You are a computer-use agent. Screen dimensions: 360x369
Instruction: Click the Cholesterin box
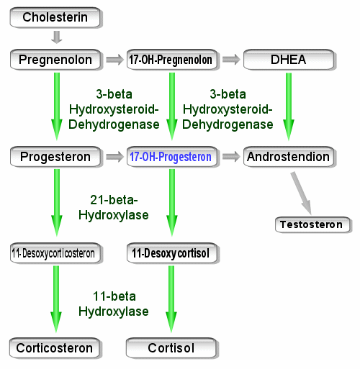pyautogui.click(x=55, y=17)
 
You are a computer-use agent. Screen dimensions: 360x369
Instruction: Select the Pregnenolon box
pyautogui.click(x=55, y=60)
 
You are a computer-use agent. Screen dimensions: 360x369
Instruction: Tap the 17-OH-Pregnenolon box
pyautogui.click(x=172, y=60)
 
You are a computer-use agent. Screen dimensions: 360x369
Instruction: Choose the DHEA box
pyautogui.click(x=289, y=60)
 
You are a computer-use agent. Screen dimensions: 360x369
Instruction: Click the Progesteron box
pyautogui.click(x=55, y=157)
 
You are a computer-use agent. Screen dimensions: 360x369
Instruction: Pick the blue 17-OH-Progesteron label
pyautogui.click(x=171, y=157)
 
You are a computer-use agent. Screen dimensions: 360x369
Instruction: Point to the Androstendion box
pyautogui.click(x=289, y=157)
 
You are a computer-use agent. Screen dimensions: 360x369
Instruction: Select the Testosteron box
pyautogui.click(x=312, y=224)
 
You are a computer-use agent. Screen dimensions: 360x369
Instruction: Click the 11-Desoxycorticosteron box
pyautogui.click(x=55, y=253)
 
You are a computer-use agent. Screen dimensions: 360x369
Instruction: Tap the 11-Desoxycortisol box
pyautogui.click(x=172, y=253)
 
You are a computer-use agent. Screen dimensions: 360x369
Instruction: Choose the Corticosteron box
pyautogui.click(x=55, y=348)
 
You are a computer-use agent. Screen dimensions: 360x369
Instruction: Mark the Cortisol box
pyautogui.click(x=171, y=348)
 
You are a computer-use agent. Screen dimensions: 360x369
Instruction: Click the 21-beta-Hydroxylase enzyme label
pyautogui.click(x=114, y=208)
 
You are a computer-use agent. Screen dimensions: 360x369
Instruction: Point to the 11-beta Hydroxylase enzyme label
pyautogui.click(x=114, y=304)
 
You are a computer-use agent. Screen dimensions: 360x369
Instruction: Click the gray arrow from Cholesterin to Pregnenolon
pyautogui.click(x=57, y=37)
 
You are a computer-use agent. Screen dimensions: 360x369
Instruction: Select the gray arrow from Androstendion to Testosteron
pyautogui.click(x=301, y=193)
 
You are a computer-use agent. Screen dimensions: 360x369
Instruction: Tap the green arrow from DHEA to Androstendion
pyautogui.click(x=289, y=106)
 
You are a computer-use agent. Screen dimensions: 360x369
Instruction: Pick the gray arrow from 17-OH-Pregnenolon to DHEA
pyautogui.click(x=231, y=60)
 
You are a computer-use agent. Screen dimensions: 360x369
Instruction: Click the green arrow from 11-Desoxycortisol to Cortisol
pyautogui.click(x=171, y=299)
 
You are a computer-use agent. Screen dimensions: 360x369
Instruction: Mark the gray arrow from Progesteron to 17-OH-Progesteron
pyautogui.click(x=114, y=157)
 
